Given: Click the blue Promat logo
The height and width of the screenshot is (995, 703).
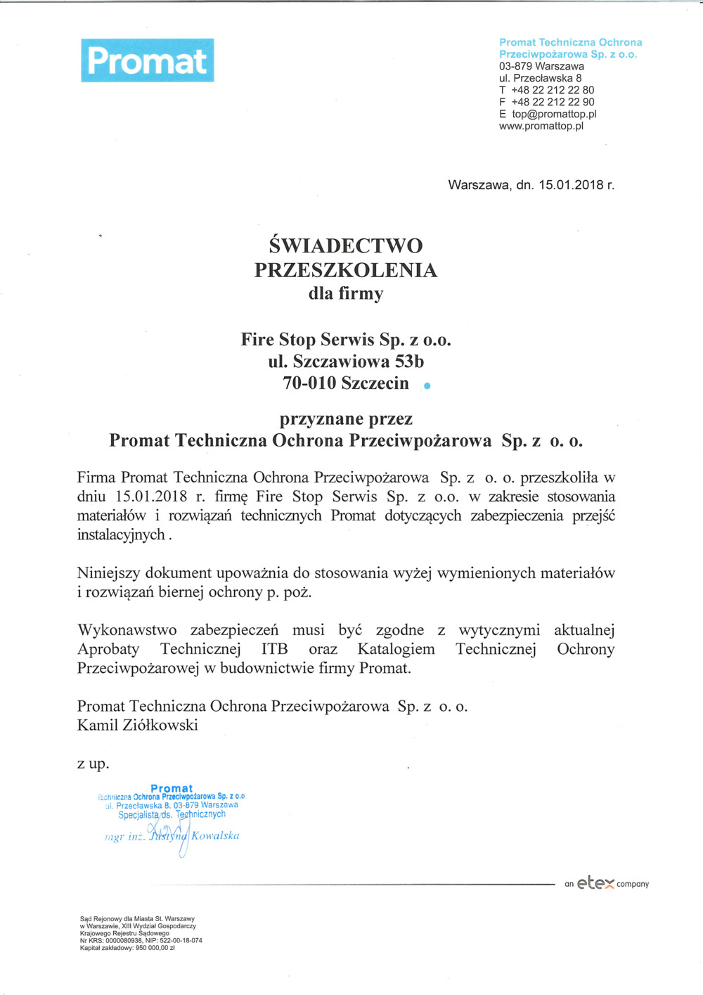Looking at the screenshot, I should click(148, 60).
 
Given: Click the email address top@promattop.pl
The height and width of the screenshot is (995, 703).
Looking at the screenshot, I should click(554, 114).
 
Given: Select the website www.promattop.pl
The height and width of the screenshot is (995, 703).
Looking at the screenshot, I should click(541, 126).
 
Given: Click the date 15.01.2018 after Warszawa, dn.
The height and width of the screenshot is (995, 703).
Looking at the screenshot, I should click(571, 185).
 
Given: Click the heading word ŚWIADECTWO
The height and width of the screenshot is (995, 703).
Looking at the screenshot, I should click(346, 245).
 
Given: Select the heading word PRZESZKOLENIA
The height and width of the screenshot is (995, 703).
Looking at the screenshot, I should click(346, 270).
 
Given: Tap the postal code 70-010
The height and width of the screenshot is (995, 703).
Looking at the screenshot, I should click(309, 383).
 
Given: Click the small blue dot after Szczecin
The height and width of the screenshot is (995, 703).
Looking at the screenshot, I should click(427, 385).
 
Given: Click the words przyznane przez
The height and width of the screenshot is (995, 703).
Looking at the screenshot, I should click(346, 419).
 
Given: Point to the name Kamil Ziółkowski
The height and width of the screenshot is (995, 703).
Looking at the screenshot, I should click(138, 725).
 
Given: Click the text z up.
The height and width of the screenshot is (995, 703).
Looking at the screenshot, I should click(93, 764).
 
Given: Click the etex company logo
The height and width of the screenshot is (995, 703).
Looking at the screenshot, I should click(606, 884).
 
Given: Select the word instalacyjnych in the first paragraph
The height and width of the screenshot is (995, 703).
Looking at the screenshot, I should click(121, 534).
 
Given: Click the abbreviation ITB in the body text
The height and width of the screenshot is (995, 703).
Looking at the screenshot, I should click(274, 649).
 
